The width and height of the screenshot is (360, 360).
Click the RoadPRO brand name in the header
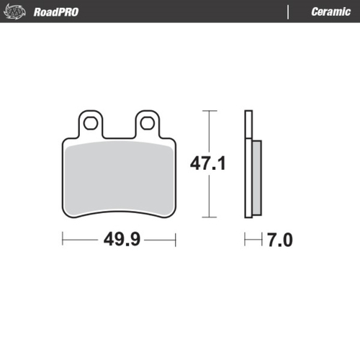click(x=56, y=12)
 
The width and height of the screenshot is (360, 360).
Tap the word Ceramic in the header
click(x=330, y=12)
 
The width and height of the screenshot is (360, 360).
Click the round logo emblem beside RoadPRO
click(x=17, y=12)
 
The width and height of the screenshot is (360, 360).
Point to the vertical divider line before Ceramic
click(x=288, y=12)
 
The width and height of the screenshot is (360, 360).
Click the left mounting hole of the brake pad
click(x=91, y=122)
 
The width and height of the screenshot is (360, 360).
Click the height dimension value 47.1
click(x=208, y=164)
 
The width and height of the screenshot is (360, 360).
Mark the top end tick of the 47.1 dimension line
click(x=208, y=112)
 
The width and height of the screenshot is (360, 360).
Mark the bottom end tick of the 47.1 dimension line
click(x=208, y=217)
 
